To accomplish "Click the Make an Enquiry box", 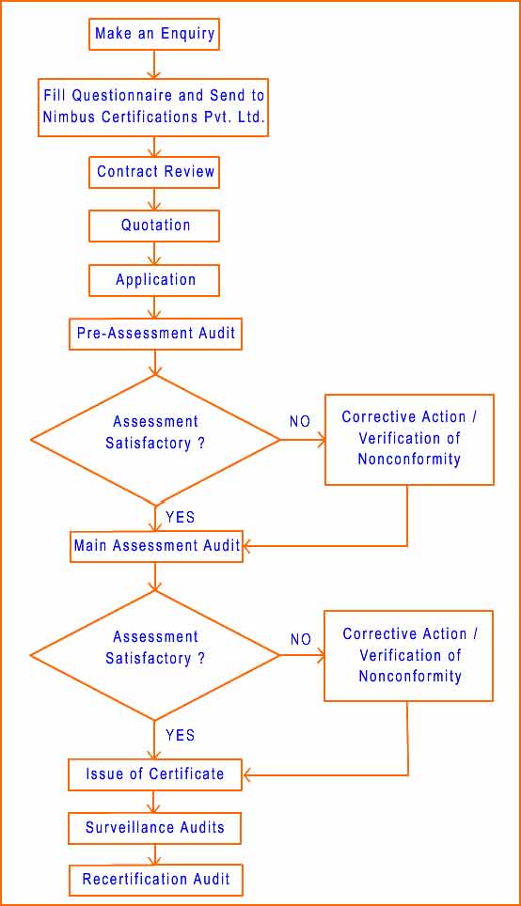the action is [154, 34].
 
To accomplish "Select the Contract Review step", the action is [154, 172].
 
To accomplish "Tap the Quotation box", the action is [154, 226].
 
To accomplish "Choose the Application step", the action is [154, 280].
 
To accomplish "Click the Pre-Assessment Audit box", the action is [155, 334].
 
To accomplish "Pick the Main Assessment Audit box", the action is [156, 546].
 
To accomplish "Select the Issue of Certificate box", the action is [155, 774].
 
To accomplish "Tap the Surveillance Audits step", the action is [154, 828].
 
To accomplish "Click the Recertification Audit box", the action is [155, 880].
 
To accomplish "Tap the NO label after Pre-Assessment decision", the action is [300, 422].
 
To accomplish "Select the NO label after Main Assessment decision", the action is [301, 640].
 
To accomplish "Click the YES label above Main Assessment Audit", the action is [180, 517].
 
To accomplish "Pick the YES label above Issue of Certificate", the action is [180, 735].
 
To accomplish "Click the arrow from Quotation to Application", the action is [154, 253].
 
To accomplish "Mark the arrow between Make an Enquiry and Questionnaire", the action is [154, 65].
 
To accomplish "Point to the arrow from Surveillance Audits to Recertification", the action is [154, 854].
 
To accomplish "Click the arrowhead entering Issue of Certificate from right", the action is [247, 774].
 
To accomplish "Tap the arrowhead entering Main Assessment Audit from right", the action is [248, 545].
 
